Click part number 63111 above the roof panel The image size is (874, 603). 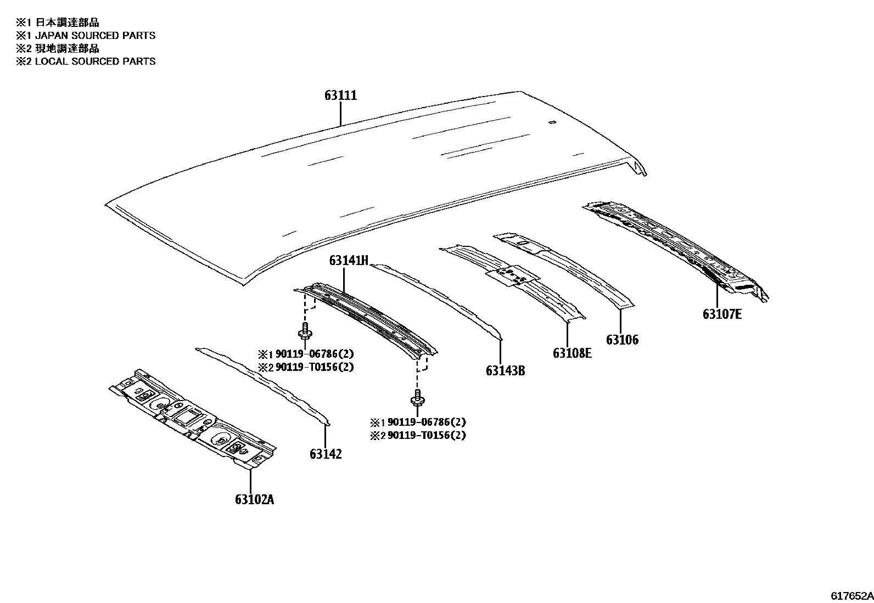click(340, 95)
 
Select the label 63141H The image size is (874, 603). click(349, 261)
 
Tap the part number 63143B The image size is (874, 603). click(505, 371)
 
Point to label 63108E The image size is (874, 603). click(572, 353)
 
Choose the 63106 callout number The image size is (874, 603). click(622, 340)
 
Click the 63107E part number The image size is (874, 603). click(722, 314)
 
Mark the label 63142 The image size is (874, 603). click(326, 454)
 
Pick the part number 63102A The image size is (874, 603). click(254, 499)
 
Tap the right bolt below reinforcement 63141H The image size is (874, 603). click(418, 397)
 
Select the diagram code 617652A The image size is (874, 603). click(851, 596)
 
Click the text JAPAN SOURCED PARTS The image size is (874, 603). click(95, 36)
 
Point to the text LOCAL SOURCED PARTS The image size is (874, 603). click(95, 61)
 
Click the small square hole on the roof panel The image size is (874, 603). click(552, 122)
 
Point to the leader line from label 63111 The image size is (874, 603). click(340, 114)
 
